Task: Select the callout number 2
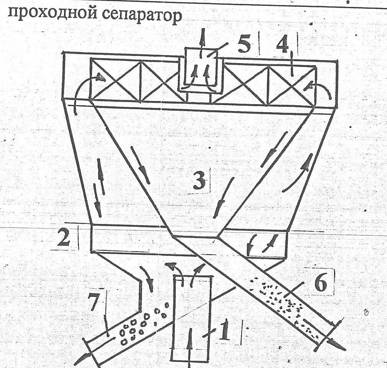(64, 237)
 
